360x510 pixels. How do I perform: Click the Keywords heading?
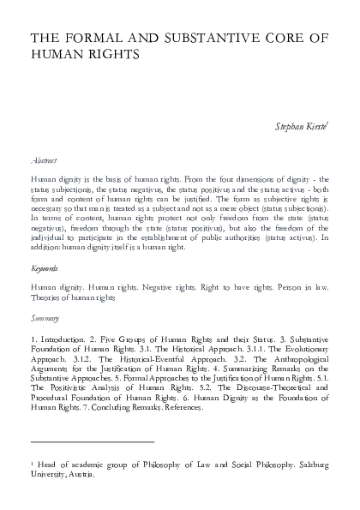(45, 267)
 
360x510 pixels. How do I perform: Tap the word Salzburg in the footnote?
(309, 463)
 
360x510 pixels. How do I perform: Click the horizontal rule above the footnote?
(92, 441)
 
